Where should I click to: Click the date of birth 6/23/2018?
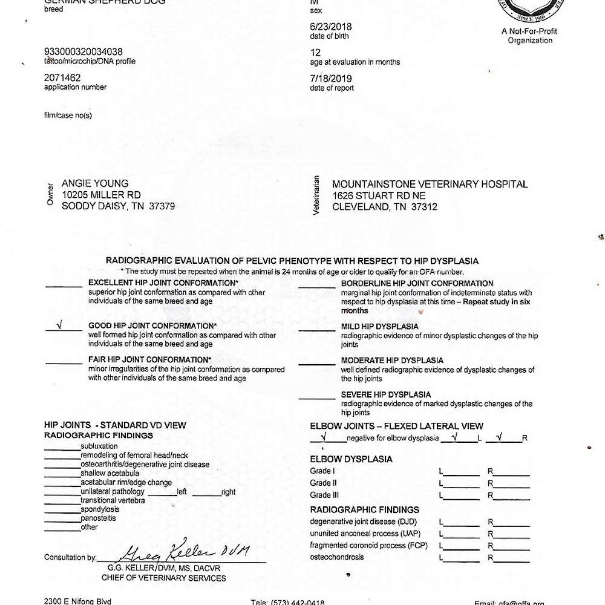[x=330, y=27]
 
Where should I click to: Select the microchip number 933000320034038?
[x=83, y=52]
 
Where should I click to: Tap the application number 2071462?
[x=62, y=77]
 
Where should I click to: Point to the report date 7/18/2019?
[x=330, y=79]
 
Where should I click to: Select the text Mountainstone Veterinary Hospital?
[x=430, y=185]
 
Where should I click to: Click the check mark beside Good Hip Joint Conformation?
[x=59, y=325]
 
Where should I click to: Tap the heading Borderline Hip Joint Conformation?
[x=417, y=283]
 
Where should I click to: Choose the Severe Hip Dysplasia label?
[x=385, y=395]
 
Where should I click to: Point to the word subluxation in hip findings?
[x=99, y=446]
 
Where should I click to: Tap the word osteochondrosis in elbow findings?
[x=337, y=557]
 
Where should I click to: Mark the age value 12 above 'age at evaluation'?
[x=314, y=53]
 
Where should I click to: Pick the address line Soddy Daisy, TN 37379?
[x=119, y=206]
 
